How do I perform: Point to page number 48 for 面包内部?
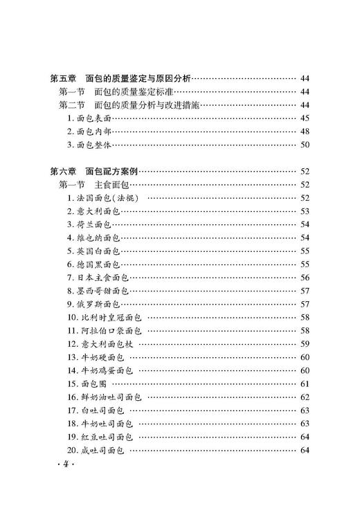click(x=305, y=132)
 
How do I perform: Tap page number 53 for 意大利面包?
click(x=305, y=211)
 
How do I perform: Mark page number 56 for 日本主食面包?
click(x=305, y=278)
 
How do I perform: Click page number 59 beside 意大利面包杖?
click(x=305, y=343)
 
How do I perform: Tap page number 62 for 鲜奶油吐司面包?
click(x=305, y=397)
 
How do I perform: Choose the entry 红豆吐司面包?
click(x=105, y=437)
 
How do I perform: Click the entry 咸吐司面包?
click(x=101, y=450)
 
